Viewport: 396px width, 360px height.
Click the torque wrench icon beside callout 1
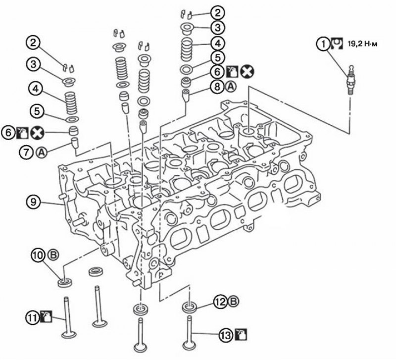337,44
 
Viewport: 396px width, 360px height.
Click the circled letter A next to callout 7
42,153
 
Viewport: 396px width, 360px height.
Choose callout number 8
217,87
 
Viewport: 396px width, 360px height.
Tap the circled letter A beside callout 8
231,87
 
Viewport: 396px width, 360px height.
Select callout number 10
38,255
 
